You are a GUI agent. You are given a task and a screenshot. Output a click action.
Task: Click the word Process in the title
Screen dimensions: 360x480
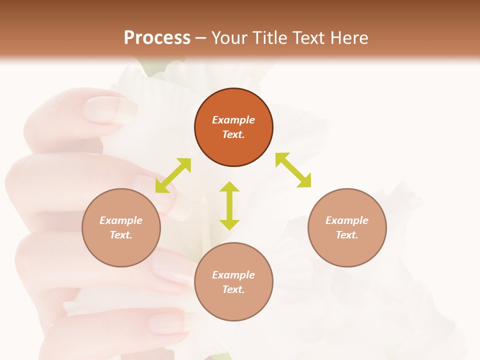click(157, 37)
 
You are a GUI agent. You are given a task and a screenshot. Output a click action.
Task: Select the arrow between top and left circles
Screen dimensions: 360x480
click(173, 175)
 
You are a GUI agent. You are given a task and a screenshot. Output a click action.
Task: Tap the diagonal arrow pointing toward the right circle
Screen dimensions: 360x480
click(293, 170)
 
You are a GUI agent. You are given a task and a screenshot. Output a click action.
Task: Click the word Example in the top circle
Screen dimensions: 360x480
click(233, 120)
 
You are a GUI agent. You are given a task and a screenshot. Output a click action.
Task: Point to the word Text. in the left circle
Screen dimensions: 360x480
click(121, 235)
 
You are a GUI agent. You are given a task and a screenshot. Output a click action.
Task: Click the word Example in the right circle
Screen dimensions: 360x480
click(347, 220)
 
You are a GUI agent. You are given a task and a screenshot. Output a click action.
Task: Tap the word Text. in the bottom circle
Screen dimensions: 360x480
click(233, 289)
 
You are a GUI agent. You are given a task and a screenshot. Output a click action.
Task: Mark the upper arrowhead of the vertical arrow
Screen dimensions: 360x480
click(229, 187)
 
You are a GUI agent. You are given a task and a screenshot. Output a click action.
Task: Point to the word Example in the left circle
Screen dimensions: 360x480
click(121, 220)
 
